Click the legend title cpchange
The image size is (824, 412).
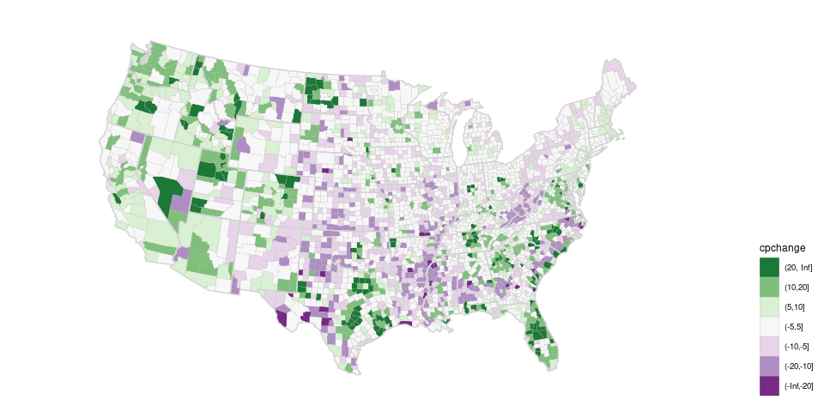point(781,248)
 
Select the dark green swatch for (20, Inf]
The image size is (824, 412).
point(769,268)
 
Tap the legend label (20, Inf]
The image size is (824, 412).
point(798,268)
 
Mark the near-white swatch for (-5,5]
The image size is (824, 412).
point(769,326)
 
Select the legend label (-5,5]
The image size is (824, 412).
point(795,326)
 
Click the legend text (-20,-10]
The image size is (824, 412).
point(798,366)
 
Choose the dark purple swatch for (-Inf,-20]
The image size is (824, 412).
point(769,385)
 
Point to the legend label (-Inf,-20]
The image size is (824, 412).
point(798,385)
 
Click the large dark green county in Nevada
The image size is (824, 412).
point(169,190)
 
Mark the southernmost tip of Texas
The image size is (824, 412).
point(358,373)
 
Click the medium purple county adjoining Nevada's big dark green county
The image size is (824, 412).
point(182,203)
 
